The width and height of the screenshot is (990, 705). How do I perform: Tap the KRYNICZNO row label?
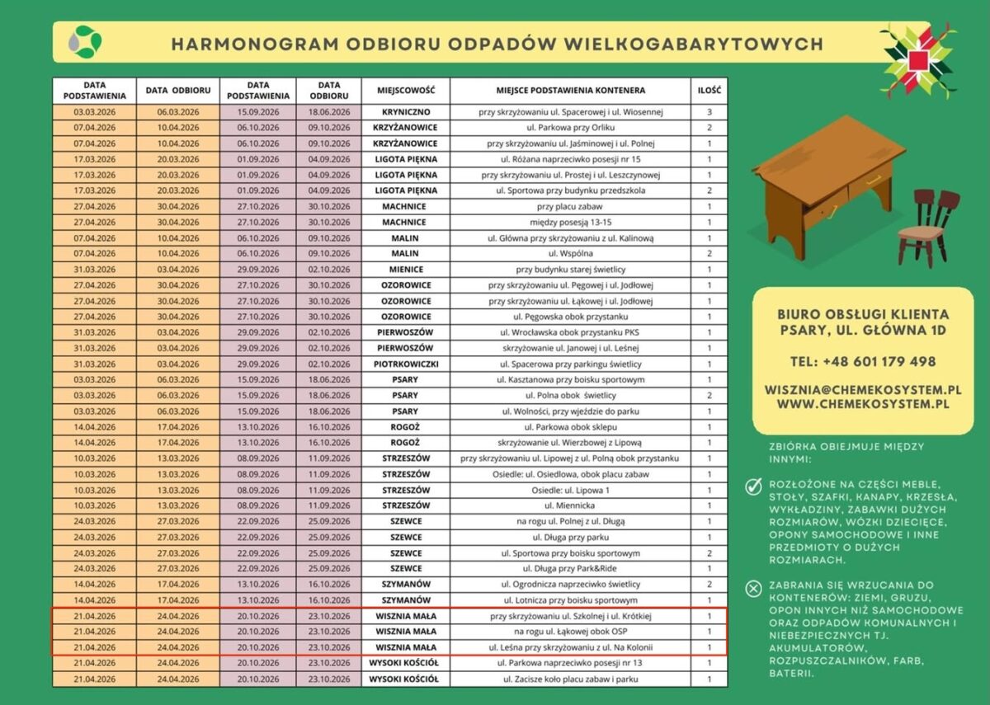point(405,111)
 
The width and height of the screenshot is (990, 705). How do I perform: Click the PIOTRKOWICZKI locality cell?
point(405,364)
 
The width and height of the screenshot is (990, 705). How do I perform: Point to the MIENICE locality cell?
point(405,269)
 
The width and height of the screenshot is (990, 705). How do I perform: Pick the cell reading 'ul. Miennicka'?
point(570,505)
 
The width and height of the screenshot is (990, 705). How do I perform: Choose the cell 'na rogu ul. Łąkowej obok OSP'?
point(570,632)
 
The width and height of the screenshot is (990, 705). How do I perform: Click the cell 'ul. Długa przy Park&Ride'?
point(570,569)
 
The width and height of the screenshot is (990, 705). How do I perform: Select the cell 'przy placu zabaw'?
point(570,206)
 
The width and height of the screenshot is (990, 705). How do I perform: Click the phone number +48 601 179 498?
point(862,361)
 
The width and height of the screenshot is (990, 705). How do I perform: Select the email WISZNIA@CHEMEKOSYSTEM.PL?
point(862,388)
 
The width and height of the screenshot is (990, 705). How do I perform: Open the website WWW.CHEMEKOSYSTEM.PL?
point(862,404)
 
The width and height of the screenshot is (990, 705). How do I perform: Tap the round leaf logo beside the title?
point(85,41)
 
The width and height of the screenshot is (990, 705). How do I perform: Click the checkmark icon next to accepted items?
point(753,487)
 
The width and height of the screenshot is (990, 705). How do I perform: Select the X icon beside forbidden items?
point(753,588)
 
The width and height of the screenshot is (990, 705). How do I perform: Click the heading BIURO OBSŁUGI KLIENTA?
point(862,314)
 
